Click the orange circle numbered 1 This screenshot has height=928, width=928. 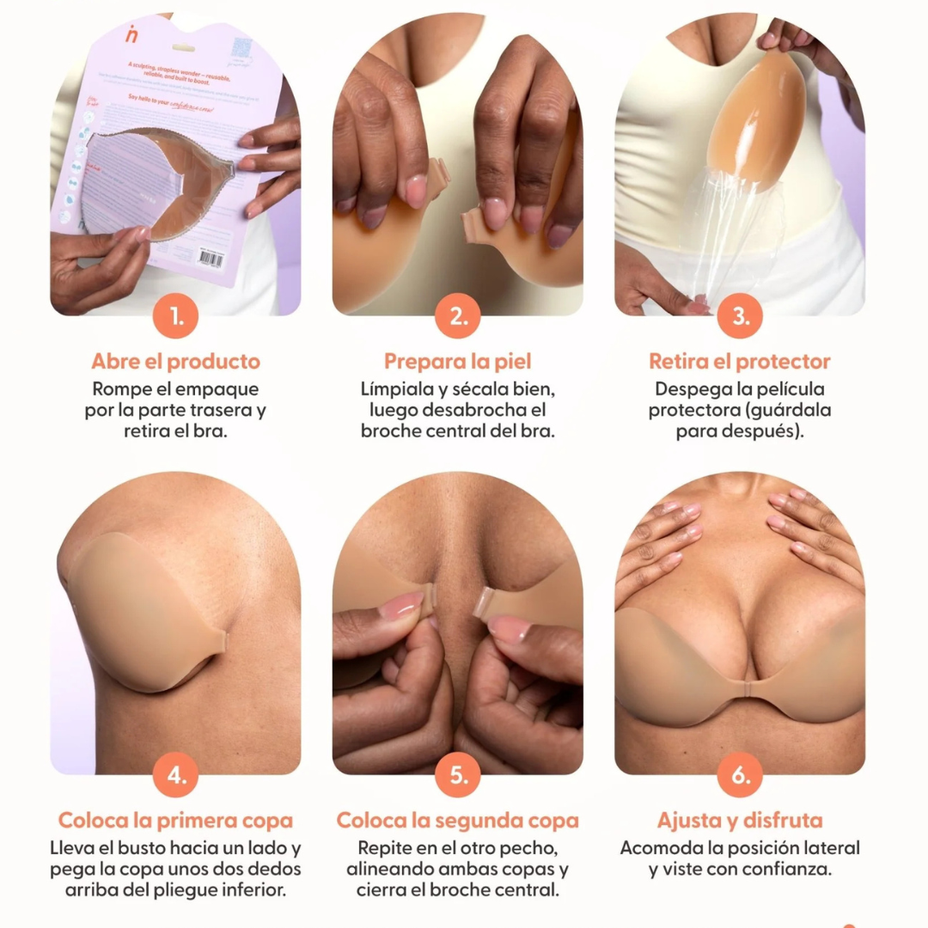[176, 316]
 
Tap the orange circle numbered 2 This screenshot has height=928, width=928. [458, 316]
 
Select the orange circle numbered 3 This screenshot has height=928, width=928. [740, 316]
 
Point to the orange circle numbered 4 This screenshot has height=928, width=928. [176, 775]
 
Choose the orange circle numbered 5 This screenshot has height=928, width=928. [458, 775]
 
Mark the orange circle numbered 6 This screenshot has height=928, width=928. [740, 775]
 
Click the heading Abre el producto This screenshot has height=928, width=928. [176, 361]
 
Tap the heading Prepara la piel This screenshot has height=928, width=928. [458, 361]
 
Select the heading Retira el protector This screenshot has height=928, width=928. [740, 361]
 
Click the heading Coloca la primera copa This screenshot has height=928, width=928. [176, 820]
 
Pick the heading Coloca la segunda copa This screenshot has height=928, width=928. [458, 820]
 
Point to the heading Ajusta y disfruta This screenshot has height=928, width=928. [740, 820]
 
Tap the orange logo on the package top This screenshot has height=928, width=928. [131, 34]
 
